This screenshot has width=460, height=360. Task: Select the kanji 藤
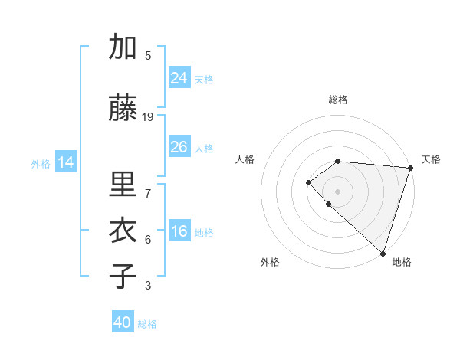pyautogui.click(x=123, y=107)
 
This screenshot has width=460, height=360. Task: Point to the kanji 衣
pyautogui.click(x=123, y=230)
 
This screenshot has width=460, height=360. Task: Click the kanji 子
pyautogui.click(x=123, y=276)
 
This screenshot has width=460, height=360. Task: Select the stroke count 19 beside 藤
pyautogui.click(x=148, y=116)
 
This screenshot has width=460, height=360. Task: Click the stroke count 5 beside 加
pyautogui.click(x=148, y=56)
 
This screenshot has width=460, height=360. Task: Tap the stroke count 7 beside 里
pyautogui.click(x=148, y=185)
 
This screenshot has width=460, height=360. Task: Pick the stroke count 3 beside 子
pyautogui.click(x=148, y=286)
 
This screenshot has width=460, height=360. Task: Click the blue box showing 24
pyautogui.click(x=179, y=77)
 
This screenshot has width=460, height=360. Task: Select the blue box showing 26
pyautogui.click(x=179, y=147)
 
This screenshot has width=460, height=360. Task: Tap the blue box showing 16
pyautogui.click(x=179, y=231)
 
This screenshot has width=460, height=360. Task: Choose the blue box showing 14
pyautogui.click(x=66, y=162)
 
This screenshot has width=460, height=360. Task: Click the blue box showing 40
pyautogui.click(x=123, y=322)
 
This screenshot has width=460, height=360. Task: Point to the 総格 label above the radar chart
pyautogui.click(x=338, y=100)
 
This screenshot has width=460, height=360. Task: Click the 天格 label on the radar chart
pyautogui.click(x=431, y=159)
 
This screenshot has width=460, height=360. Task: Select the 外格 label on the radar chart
pyautogui.click(x=270, y=262)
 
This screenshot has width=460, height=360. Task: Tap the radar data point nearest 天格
pyautogui.click(x=410, y=168)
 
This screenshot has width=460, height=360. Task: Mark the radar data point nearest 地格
pyautogui.click(x=383, y=253)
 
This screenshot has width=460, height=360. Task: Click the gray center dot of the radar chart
pyautogui.click(x=337, y=190)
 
